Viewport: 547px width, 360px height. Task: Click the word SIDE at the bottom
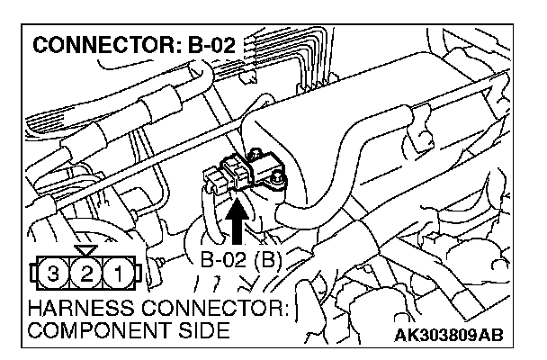pos(193,330)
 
